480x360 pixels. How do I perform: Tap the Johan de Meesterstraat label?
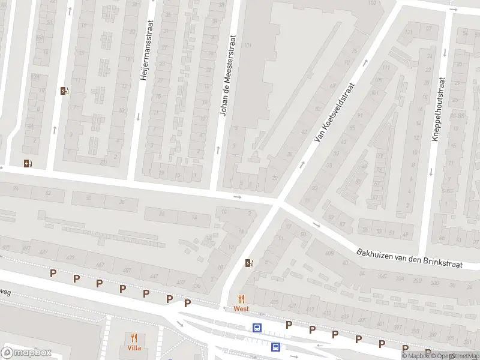pyautogui.click(x=229, y=75)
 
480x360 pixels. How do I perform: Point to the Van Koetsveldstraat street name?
pyautogui.click(x=335, y=113)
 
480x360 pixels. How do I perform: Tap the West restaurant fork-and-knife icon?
pyautogui.click(x=242, y=299)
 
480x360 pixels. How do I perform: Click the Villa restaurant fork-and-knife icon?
pyautogui.click(x=134, y=338)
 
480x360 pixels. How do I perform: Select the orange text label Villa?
pyautogui.click(x=134, y=348)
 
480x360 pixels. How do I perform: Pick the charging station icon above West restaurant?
pyautogui.click(x=249, y=263)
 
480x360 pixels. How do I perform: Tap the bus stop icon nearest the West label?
pyautogui.click(x=257, y=328)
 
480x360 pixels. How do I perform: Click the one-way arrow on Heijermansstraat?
pyautogui.click(x=138, y=116)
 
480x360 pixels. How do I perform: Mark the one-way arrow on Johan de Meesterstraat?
pyautogui.click(x=218, y=148)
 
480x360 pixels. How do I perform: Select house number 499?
pyautogui.click(x=7, y=247)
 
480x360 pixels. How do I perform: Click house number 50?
pyautogui.click(x=89, y=197)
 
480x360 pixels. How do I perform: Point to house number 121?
pyautogui.click(x=409, y=32)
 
